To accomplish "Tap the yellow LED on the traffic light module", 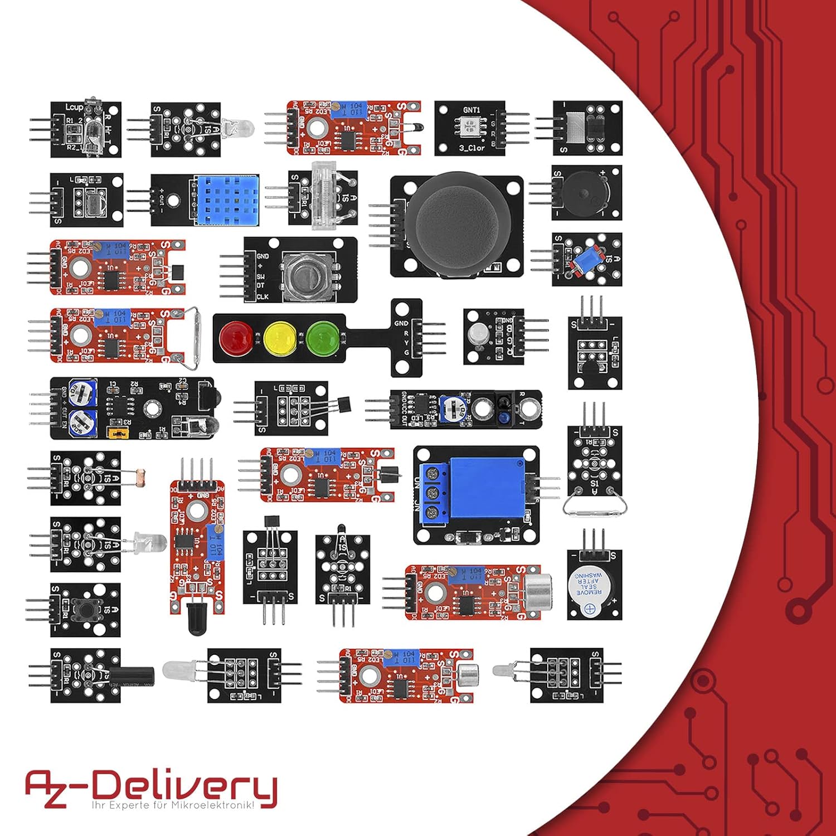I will point(279,337).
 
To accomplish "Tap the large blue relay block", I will point(487,489).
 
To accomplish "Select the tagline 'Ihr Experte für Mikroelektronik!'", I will point(173,805).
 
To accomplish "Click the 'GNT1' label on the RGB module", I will point(471,110).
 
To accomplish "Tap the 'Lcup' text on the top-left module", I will point(74,107).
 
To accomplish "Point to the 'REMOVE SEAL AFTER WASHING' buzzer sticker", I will point(589,584).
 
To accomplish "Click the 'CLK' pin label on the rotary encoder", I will point(263,297).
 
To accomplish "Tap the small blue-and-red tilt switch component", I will point(587,260).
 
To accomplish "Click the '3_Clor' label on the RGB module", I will point(472,148).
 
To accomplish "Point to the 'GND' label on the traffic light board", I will point(401,323).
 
